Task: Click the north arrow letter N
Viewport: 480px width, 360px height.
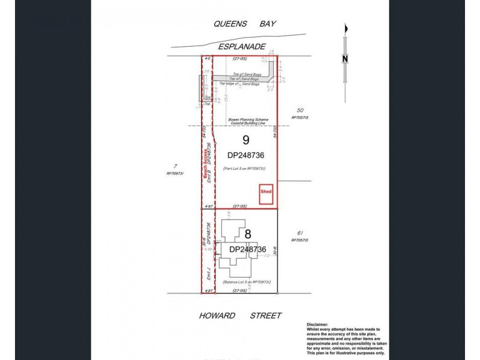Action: click(x=344, y=58)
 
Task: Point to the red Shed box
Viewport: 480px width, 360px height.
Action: click(x=266, y=193)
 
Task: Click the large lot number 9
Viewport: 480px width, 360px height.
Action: click(x=245, y=141)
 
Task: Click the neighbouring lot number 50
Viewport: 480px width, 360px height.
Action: click(x=301, y=110)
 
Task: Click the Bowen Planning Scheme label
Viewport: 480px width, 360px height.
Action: click(x=245, y=119)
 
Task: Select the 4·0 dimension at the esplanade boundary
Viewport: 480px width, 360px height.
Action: click(x=207, y=59)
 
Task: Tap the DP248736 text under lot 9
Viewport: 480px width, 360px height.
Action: click(x=245, y=155)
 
